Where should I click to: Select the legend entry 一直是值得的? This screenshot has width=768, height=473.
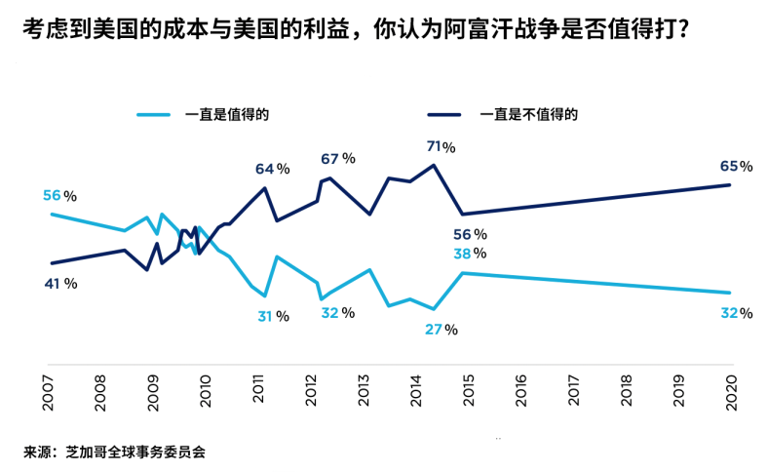pyautogui.click(x=227, y=114)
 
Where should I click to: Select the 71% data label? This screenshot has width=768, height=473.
pyautogui.click(x=441, y=147)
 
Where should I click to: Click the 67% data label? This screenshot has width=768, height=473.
pyautogui.click(x=337, y=159)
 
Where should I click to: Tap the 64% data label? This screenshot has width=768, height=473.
pyautogui.click(x=272, y=169)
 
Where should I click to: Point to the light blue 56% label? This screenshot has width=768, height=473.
pyautogui.click(x=59, y=196)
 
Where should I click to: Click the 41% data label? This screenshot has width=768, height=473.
pyautogui.click(x=59, y=283)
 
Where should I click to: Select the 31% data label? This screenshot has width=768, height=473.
pyautogui.click(x=272, y=316)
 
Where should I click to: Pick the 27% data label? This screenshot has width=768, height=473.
pyautogui.click(x=441, y=330)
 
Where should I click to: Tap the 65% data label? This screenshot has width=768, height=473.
pyautogui.click(x=736, y=167)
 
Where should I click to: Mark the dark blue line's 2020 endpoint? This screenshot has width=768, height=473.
pyautogui.click(x=731, y=184)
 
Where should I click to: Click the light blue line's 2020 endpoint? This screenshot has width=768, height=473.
pyautogui.click(x=731, y=293)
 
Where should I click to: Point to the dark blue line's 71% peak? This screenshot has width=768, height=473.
pyautogui.click(x=434, y=164)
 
